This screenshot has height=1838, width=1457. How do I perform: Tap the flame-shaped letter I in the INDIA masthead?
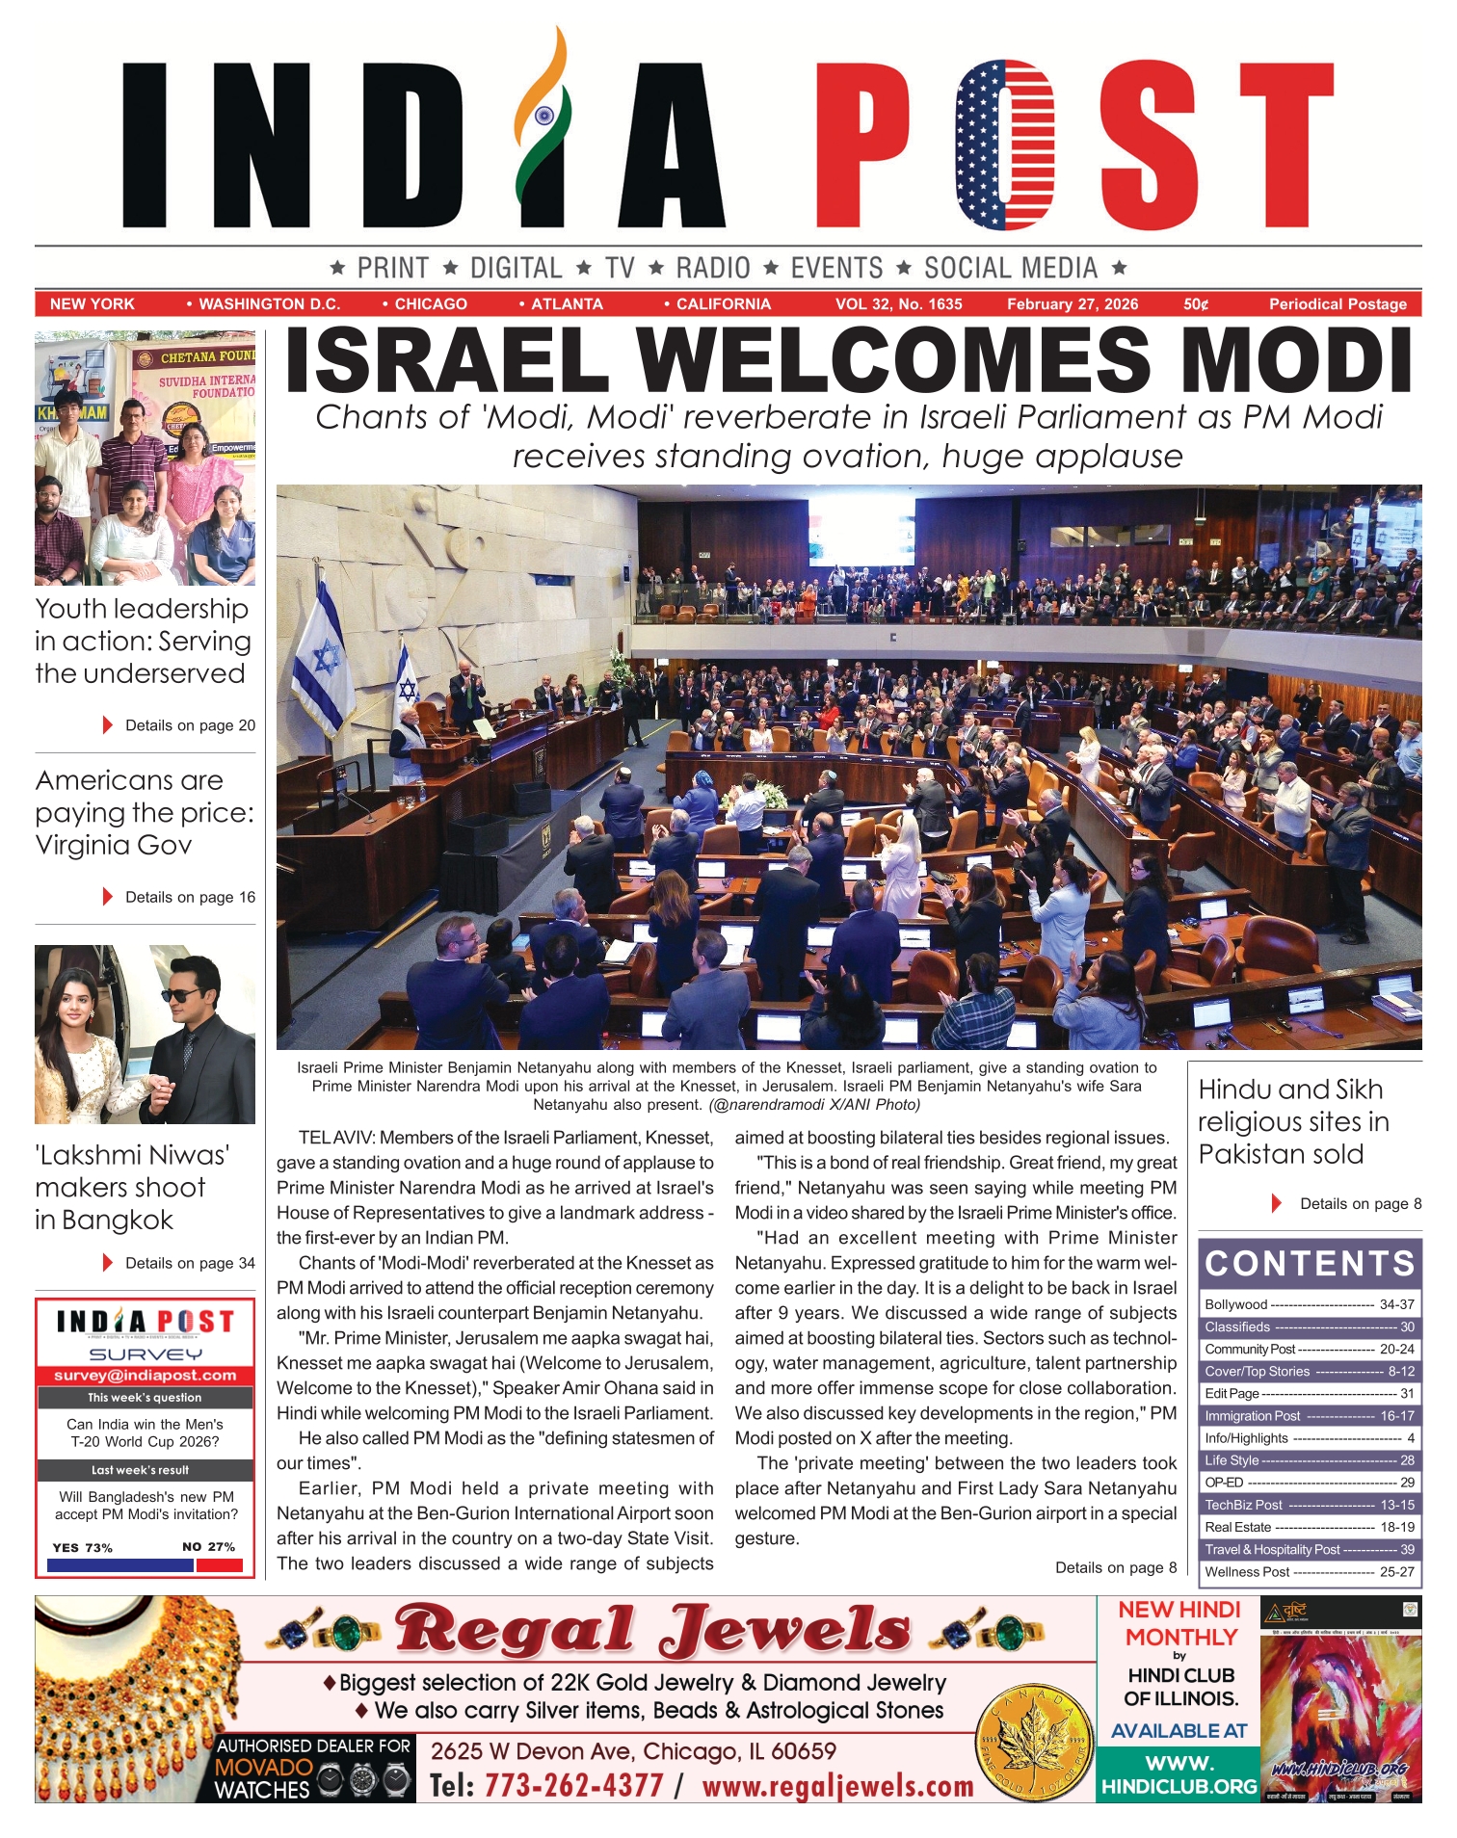point(542,130)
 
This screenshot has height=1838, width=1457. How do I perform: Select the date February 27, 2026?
point(1073,304)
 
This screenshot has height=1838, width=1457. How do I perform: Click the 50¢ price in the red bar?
point(1196,304)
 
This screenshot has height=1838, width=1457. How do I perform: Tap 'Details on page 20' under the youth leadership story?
point(190,725)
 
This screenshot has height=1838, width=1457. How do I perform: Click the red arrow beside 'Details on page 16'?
point(108,897)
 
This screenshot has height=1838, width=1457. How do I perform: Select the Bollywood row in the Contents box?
point(1309,1304)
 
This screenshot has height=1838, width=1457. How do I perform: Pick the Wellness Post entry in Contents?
point(1309,1571)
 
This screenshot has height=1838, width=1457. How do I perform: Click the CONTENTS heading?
point(1310,1263)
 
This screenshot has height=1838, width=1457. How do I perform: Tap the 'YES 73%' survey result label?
point(83,1547)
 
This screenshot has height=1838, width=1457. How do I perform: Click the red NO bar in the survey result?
point(219,1565)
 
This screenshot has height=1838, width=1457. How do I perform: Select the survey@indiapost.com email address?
point(146,1376)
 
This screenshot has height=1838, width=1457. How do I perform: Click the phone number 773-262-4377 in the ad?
point(573,1785)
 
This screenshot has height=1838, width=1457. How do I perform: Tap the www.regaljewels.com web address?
point(837,1785)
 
